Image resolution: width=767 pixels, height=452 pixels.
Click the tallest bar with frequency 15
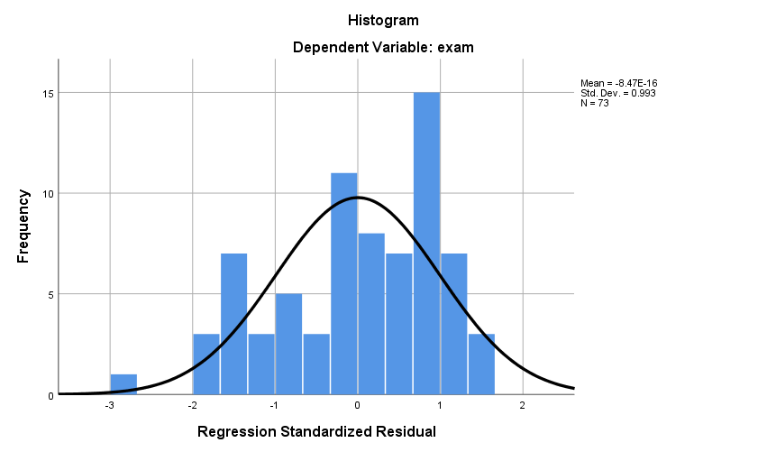click(x=426, y=244)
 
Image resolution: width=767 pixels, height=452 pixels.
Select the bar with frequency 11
click(x=343, y=283)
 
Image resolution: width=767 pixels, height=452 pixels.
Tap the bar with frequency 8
click(x=371, y=314)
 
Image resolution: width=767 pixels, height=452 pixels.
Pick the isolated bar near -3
click(x=123, y=384)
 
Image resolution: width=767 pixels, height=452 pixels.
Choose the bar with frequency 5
click(x=288, y=344)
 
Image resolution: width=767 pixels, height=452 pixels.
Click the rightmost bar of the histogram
click(x=481, y=364)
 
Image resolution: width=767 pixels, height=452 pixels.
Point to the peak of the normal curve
click(x=357, y=197)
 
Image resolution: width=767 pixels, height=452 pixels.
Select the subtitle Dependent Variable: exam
click(x=383, y=49)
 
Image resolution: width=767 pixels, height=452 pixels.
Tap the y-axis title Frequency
click(x=24, y=226)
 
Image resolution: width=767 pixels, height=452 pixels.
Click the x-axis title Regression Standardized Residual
click(x=316, y=432)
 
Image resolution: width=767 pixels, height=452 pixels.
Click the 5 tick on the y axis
click(x=50, y=294)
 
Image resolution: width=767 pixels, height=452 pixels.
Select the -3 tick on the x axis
click(x=109, y=406)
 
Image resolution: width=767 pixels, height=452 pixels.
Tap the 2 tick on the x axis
click(x=523, y=406)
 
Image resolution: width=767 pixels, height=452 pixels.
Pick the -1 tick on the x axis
click(x=274, y=406)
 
